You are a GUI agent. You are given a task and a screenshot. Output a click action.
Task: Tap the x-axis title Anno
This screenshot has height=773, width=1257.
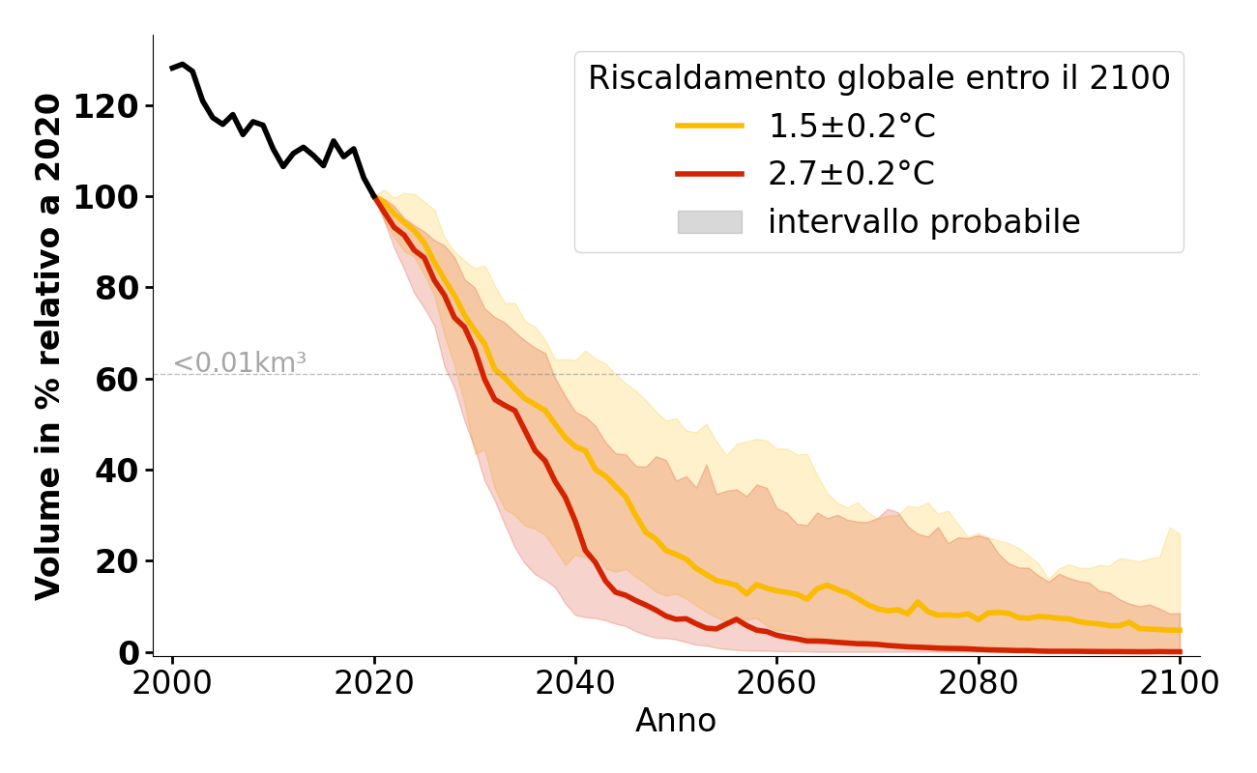pyautogui.click(x=676, y=721)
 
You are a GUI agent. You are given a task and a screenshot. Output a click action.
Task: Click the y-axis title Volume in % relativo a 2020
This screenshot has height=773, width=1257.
pyautogui.click(x=48, y=346)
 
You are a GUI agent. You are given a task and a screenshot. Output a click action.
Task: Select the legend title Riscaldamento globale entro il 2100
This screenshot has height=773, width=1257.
pyautogui.click(x=879, y=78)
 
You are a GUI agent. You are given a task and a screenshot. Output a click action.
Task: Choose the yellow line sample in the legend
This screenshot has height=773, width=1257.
pyautogui.click(x=710, y=126)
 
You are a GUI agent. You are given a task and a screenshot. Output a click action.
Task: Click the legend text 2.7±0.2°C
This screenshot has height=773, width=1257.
pyautogui.click(x=852, y=174)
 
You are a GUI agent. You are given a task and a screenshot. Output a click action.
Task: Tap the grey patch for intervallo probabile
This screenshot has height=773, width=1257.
pyautogui.click(x=710, y=222)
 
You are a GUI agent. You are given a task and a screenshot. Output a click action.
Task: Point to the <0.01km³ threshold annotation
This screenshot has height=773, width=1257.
pyautogui.click(x=240, y=363)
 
